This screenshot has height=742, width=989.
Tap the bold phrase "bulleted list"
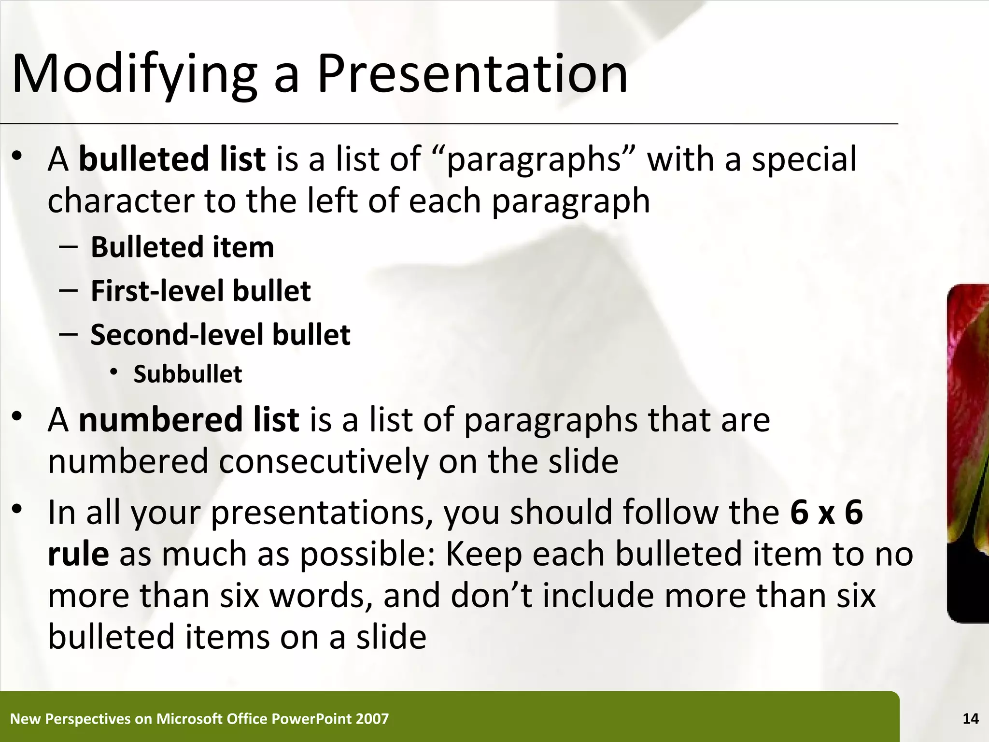point(172,159)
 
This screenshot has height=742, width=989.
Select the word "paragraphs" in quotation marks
point(533,160)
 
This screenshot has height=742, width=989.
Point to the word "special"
point(804,159)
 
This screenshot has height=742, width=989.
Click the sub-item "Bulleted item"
point(182,247)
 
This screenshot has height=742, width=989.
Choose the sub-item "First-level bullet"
point(200,291)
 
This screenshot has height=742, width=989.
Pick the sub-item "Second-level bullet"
point(220,335)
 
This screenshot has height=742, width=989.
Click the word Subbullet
point(187,374)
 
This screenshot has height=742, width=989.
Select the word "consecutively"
point(323,461)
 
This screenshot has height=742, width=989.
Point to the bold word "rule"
point(78,554)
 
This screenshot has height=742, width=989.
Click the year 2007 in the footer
point(372,719)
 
